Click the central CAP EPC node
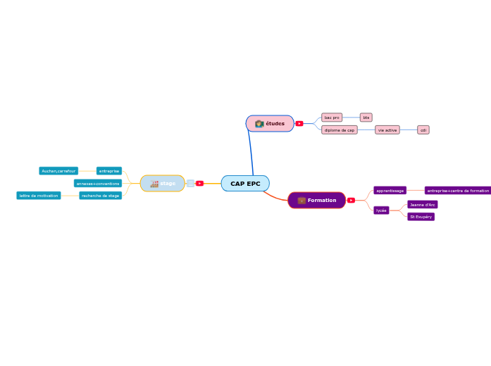(245, 184)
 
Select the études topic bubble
(270, 124)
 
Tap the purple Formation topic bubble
(317, 201)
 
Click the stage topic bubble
(163, 184)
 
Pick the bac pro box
(332, 118)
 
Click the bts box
(366, 118)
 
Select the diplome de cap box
(340, 130)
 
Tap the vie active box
(387, 130)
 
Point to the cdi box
(423, 130)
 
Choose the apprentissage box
(390, 191)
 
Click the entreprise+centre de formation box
(458, 191)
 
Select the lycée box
(381, 210)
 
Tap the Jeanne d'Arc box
(422, 205)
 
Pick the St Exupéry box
(421, 217)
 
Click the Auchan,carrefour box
(58, 171)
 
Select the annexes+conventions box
(98, 184)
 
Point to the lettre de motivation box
(39, 196)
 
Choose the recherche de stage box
(100, 196)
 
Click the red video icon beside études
(299, 124)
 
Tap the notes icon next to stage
(190, 184)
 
